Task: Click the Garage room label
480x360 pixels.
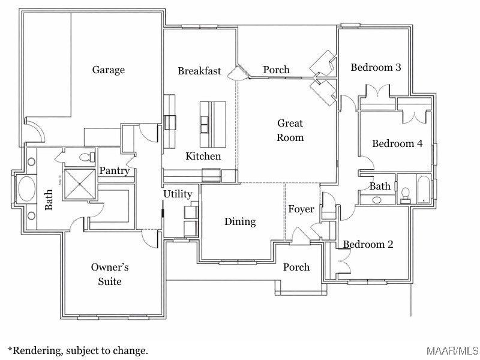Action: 109,70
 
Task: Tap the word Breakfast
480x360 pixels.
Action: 199,71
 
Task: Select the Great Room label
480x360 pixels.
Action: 290,130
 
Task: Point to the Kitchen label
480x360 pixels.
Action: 203,156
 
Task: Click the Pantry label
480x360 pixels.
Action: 114,171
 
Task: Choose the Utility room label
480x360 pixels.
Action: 178,194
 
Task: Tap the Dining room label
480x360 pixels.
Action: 240,221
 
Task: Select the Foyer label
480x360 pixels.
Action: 301,209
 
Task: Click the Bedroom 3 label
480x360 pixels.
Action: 376,67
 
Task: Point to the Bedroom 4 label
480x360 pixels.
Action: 397,143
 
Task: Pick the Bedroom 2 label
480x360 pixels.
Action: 368,244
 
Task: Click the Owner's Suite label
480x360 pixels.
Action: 110,274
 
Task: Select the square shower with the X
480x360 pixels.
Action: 79,183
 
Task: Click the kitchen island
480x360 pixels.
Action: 213,122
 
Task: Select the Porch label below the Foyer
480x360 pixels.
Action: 296,267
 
